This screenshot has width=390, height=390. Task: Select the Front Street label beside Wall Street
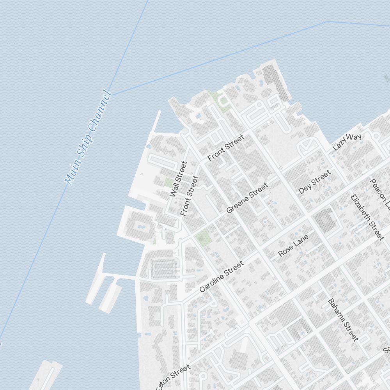coord(190,196)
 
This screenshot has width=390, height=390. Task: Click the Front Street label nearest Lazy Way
coord(226,147)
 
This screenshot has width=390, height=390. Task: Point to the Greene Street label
coord(247,198)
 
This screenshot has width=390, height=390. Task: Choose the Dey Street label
coord(314,182)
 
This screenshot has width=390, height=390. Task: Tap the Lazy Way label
coord(347,142)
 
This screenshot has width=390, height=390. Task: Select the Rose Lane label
coord(293,245)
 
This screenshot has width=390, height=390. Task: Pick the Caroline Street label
coord(221,277)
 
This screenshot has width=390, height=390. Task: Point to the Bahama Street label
coord(343,319)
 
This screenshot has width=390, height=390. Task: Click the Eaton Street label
coord(174,376)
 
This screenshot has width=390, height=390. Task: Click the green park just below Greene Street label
coord(202,237)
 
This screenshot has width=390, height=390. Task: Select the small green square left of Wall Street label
coord(168,182)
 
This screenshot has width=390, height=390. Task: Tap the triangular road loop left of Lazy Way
coord(307,146)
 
